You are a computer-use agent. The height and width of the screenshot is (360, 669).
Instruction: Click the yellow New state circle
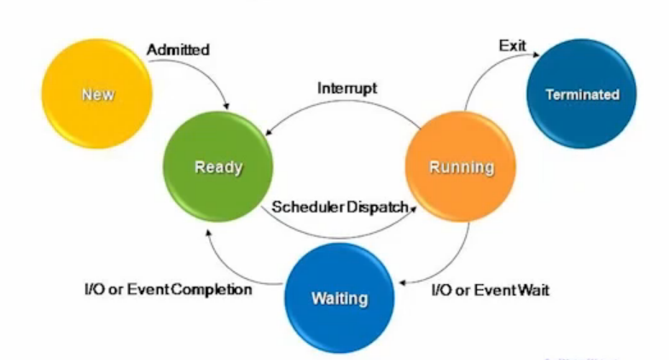coord(96,95)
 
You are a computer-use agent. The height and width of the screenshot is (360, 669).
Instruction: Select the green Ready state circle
coord(218,167)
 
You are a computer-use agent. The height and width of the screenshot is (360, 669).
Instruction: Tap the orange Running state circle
coord(461,167)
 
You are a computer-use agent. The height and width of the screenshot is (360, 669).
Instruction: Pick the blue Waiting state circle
coord(339,298)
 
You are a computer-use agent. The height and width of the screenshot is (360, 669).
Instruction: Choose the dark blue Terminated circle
coord(582,94)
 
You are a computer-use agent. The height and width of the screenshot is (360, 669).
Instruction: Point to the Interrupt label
coord(346,87)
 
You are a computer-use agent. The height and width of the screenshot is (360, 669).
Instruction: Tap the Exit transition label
coord(512,45)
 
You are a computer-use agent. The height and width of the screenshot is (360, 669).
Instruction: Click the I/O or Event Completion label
coord(167,289)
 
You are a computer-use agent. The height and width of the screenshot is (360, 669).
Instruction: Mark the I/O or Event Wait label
coord(490,290)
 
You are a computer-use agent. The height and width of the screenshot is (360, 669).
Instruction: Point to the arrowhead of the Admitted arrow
coord(226,105)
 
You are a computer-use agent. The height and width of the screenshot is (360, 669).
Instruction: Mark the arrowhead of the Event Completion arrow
coord(207,231)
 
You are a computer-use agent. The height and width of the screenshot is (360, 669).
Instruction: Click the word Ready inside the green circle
coord(218,167)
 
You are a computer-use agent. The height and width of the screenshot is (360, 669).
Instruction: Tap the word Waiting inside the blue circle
coord(339,299)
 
